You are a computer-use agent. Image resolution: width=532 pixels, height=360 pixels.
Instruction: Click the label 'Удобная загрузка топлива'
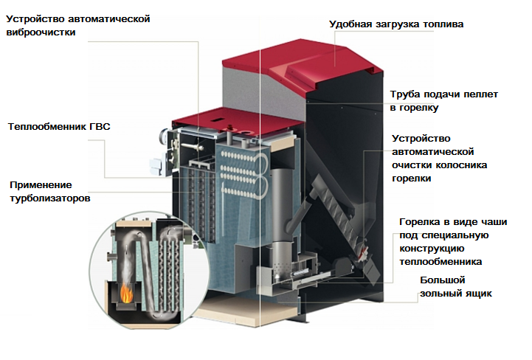(x=396, y=25)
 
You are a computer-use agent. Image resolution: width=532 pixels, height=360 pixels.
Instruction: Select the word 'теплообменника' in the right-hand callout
(x=441, y=261)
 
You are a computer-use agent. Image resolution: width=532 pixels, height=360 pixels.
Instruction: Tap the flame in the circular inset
(x=127, y=294)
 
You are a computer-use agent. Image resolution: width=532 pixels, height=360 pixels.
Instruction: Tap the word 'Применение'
(x=41, y=184)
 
